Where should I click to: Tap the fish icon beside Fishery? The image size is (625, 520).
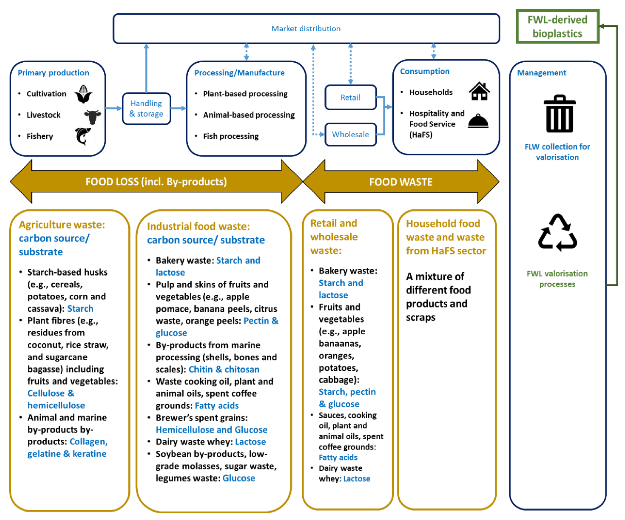click(83, 136)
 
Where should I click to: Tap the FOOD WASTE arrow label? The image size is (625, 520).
click(401, 182)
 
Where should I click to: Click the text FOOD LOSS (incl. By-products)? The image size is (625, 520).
click(156, 182)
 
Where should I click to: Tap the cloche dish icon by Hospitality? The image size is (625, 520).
click(478, 121)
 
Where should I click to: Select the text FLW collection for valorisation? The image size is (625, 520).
click(557, 152)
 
